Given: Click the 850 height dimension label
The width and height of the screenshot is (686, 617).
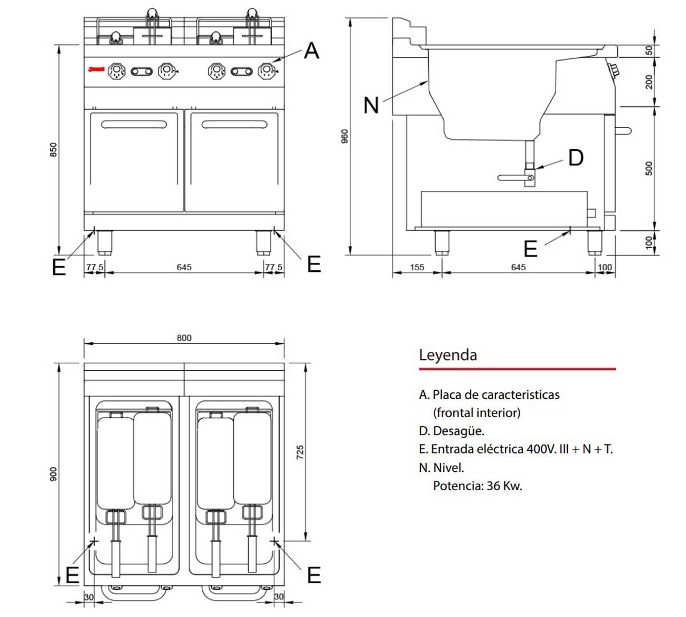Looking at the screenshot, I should click(x=53, y=150).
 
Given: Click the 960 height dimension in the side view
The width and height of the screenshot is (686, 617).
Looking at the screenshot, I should click(x=344, y=136).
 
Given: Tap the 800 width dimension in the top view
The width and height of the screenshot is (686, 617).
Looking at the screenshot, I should click(x=184, y=338).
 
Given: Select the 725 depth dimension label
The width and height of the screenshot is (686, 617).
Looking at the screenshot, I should click(x=301, y=452).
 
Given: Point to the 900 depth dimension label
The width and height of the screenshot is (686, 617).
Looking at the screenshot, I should click(x=53, y=474).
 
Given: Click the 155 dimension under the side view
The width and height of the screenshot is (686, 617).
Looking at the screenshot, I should click(x=417, y=267).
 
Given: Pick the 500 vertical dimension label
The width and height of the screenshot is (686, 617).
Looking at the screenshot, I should click(x=649, y=168).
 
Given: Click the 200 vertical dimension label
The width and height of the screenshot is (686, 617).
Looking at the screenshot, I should click(x=649, y=82).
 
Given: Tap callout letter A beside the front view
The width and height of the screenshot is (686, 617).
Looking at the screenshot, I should click(x=311, y=51).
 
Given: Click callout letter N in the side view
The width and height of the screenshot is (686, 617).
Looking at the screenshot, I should click(x=371, y=105).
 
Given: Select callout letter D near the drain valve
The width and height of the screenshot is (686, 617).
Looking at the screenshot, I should click(x=576, y=158).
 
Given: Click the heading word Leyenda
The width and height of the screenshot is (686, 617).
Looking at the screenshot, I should click(x=448, y=355).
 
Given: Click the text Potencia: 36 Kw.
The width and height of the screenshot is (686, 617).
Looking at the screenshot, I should click(x=477, y=486).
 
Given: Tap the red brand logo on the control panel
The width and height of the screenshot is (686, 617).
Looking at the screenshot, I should click(x=96, y=70).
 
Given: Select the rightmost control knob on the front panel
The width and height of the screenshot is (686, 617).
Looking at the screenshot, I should click(x=266, y=71).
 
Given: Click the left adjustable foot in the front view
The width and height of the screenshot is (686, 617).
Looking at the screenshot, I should click(x=104, y=242).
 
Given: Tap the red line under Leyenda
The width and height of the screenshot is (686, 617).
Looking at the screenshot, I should click(x=517, y=369).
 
